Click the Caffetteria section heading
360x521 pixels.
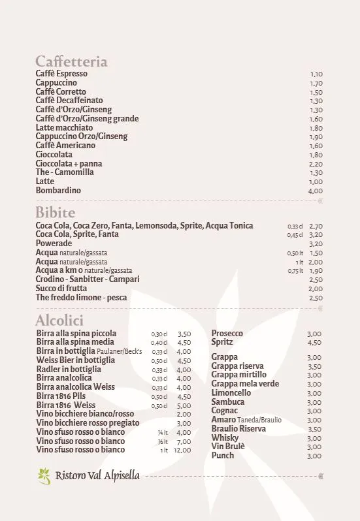[x=71, y=62]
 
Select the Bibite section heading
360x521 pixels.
[x=56, y=213]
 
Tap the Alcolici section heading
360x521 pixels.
[x=59, y=321]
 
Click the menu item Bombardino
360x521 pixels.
[x=58, y=191]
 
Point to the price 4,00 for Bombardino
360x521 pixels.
[x=315, y=191]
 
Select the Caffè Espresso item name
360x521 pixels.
[x=61, y=74]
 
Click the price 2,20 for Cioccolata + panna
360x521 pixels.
[x=316, y=164]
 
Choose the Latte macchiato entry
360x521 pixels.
[x=64, y=128]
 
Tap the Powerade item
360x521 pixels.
[x=54, y=244]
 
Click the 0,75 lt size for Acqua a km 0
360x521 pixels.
[x=296, y=271]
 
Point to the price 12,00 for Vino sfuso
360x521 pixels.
[x=182, y=450]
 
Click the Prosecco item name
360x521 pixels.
[x=227, y=334]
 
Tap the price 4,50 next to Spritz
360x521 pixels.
[x=314, y=343]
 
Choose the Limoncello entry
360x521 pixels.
[x=231, y=393]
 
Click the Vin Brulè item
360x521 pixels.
[x=228, y=447]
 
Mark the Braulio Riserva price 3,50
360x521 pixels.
[x=314, y=429]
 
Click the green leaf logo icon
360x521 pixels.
[x=44, y=476]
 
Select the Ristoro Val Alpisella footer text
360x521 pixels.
[x=97, y=476]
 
